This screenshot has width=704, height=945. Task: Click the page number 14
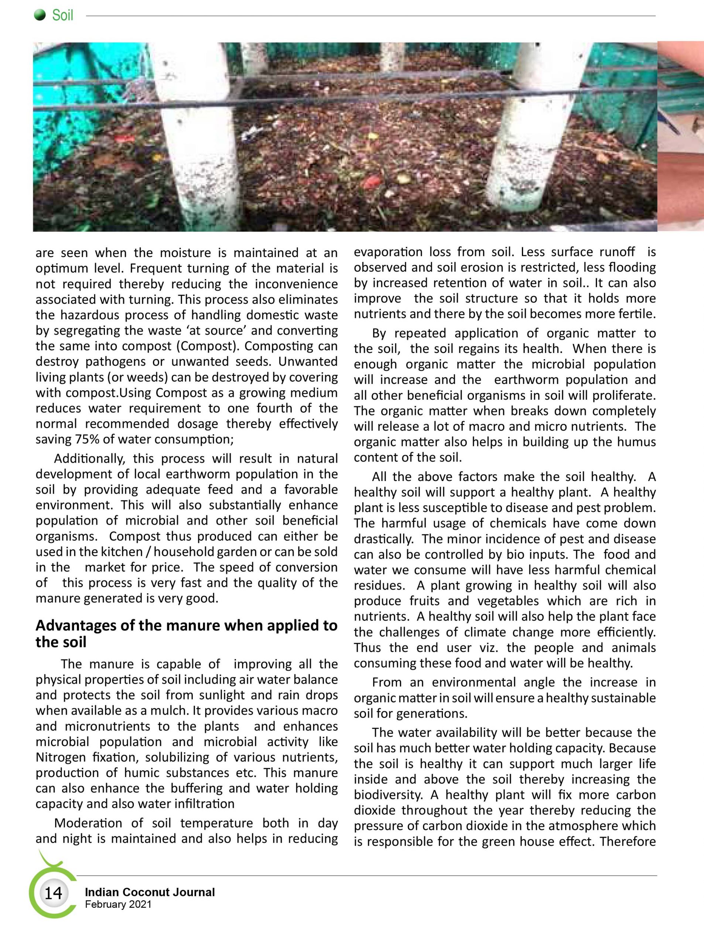(x=53, y=893)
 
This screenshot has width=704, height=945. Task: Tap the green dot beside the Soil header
(x=40, y=16)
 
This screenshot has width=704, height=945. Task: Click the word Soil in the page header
(x=63, y=16)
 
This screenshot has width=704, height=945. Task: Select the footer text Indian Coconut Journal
(x=150, y=892)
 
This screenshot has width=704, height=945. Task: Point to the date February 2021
(x=118, y=904)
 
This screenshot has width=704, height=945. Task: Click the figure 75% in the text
(x=89, y=439)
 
